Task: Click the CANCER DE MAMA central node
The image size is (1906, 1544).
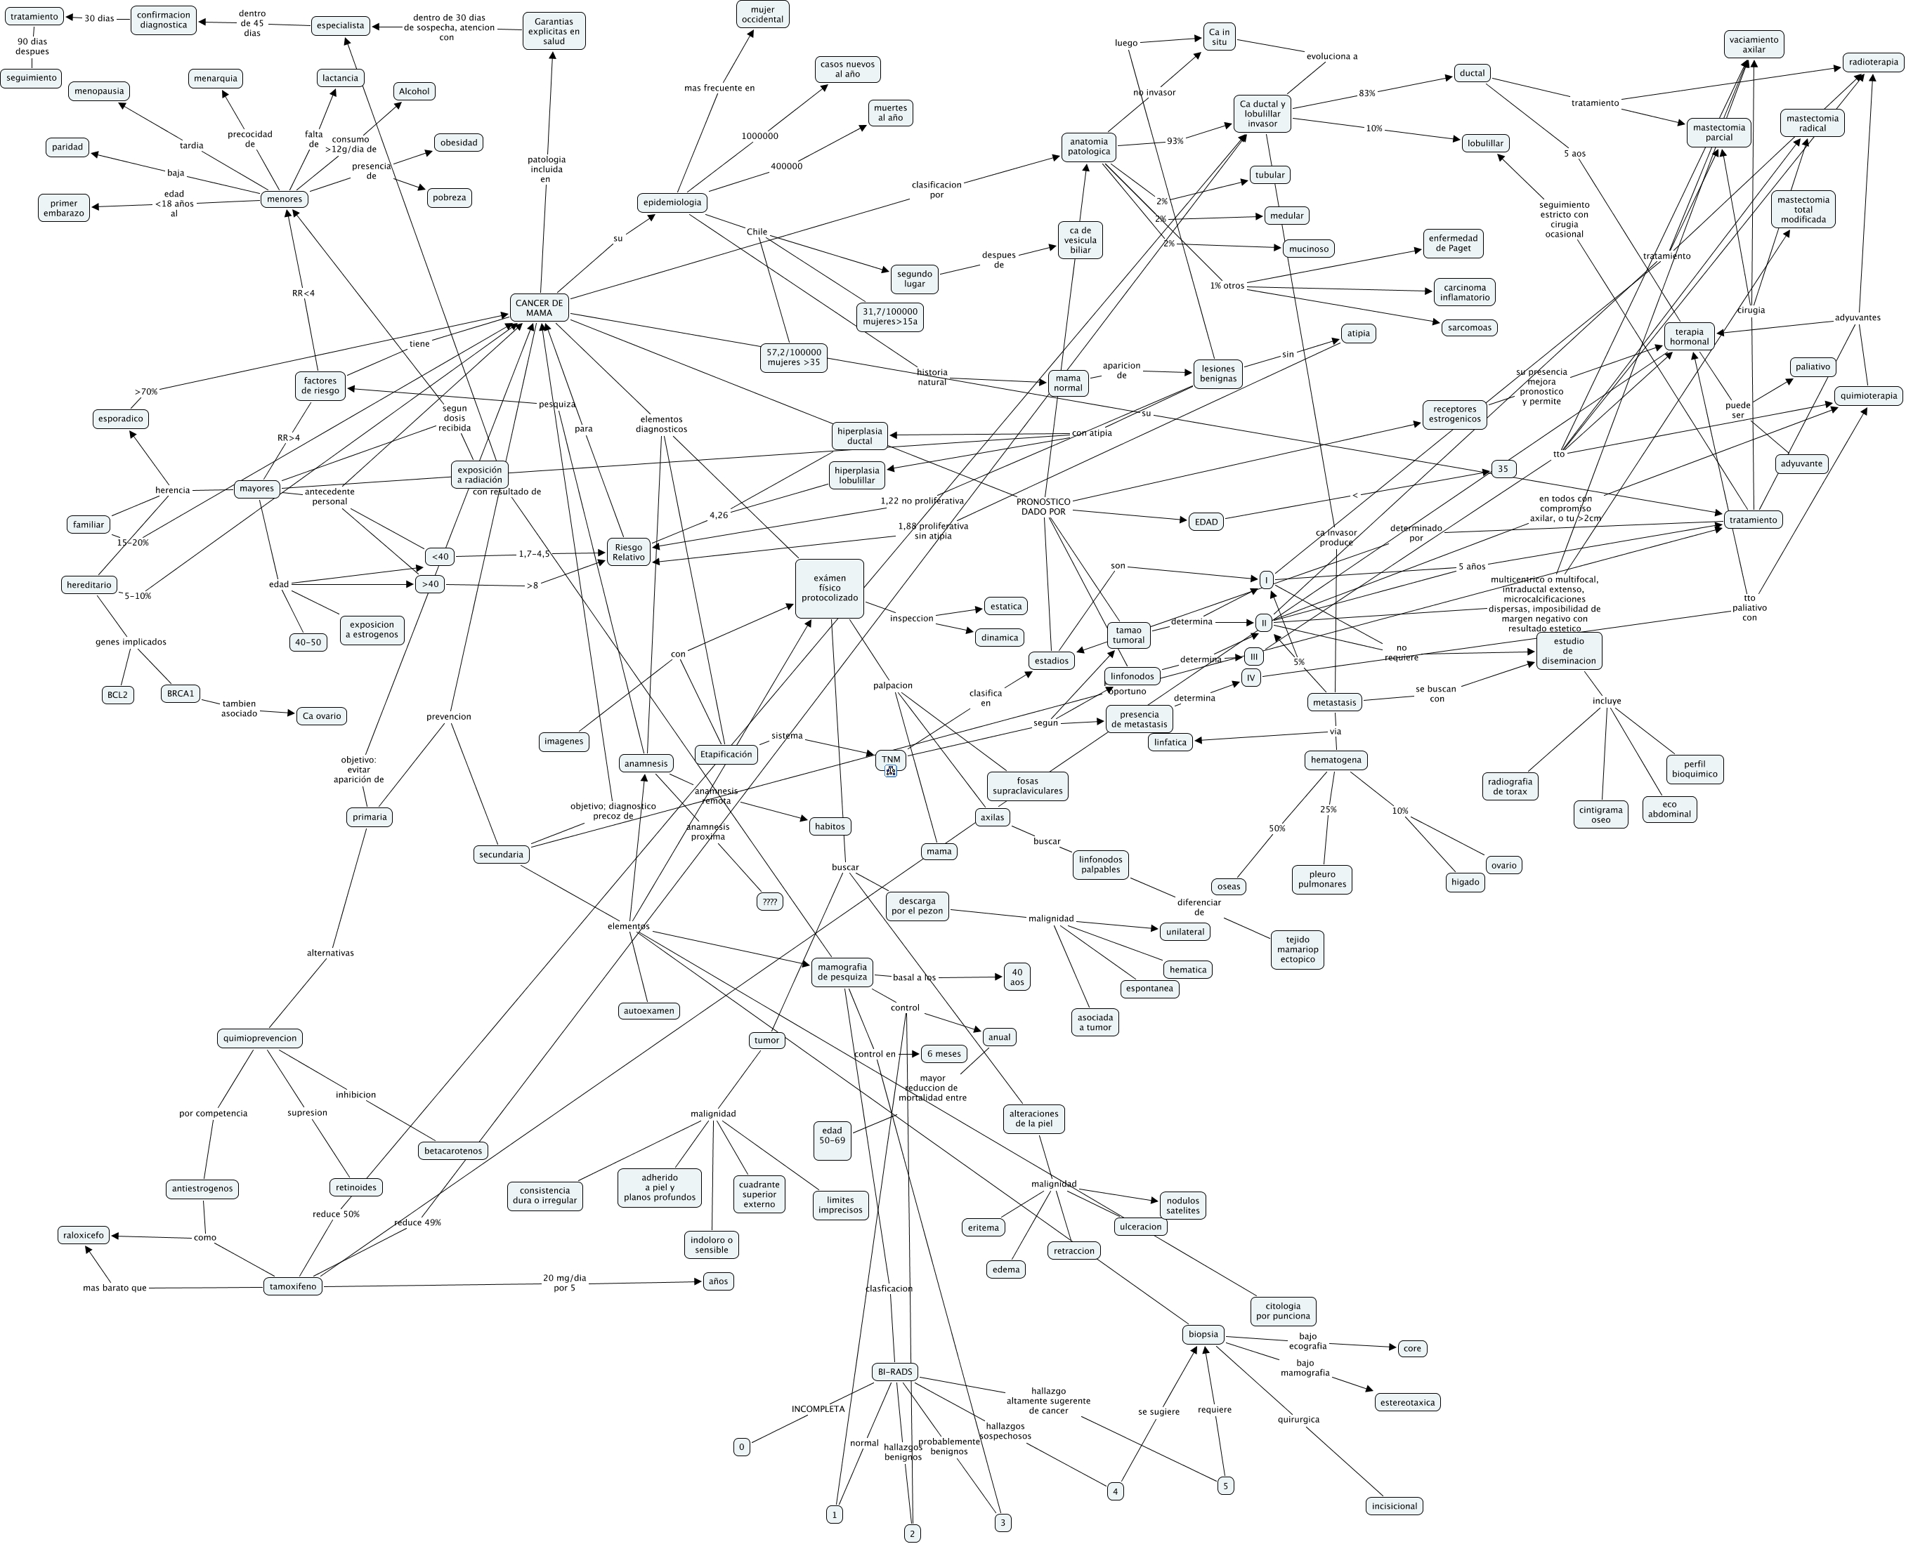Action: (538, 308)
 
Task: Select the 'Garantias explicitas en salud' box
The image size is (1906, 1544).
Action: (554, 31)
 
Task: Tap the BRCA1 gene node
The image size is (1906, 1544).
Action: (181, 694)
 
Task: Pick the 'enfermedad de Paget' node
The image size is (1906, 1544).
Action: (1453, 243)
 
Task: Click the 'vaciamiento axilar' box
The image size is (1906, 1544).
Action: (1753, 44)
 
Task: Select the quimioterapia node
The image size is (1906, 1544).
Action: (1868, 396)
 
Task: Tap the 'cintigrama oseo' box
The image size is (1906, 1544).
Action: (1601, 814)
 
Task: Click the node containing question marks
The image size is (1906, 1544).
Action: (769, 901)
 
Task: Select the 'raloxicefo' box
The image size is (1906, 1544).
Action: (84, 1234)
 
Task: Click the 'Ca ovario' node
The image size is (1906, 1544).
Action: (321, 716)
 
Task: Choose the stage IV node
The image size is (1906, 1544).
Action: (1251, 678)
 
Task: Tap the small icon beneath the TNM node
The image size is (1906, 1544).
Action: (891, 771)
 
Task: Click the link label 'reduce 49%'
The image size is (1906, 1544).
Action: (417, 1222)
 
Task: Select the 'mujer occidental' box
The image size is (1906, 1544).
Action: (762, 14)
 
